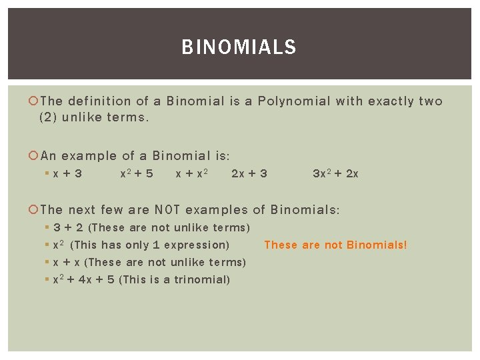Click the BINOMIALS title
[239, 47]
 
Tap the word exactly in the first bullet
[381, 101]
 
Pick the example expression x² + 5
[136, 173]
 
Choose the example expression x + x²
[191, 173]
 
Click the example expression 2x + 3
[249, 173]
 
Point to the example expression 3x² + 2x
[335, 173]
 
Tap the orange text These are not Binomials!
[335, 245]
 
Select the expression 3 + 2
[68, 228]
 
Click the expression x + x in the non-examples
[67, 263]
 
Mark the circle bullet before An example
[35, 156]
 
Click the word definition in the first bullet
[99, 101]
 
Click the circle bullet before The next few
[35, 210]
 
